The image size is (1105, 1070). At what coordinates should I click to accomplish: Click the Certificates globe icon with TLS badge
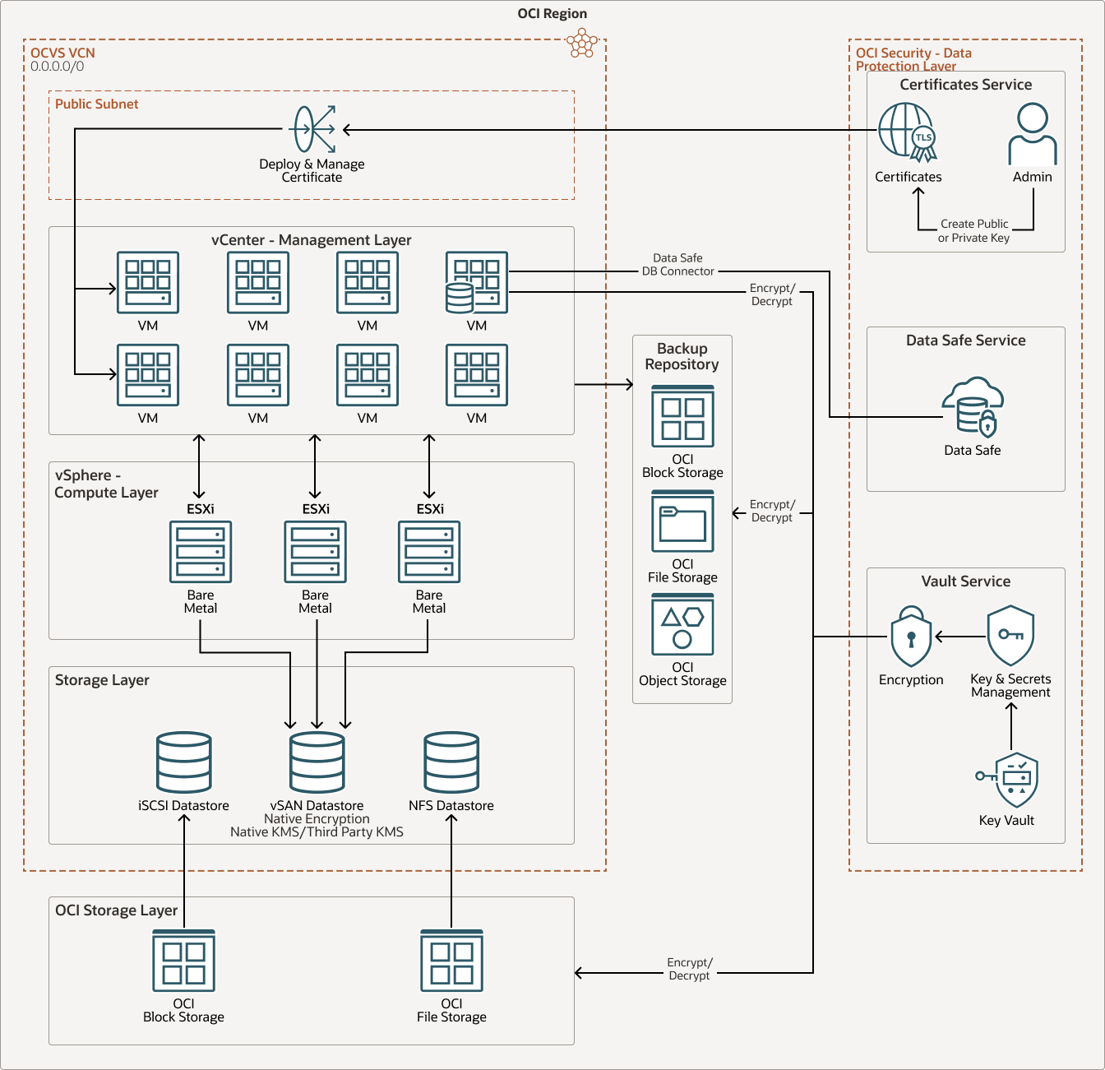[x=907, y=132]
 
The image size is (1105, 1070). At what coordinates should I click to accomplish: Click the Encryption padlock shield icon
[x=911, y=637]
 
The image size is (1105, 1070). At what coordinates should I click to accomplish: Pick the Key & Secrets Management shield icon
[x=1010, y=636]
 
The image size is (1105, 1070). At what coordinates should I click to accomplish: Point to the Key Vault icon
[x=1010, y=780]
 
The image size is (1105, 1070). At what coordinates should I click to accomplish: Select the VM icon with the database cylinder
[x=477, y=283]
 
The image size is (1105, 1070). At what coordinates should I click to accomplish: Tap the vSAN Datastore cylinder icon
[x=317, y=762]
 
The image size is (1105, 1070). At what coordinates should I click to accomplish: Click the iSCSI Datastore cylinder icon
[x=184, y=762]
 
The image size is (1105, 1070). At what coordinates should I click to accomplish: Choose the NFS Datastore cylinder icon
[x=451, y=762]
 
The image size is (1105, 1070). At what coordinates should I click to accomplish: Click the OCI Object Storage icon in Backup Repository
[x=682, y=625]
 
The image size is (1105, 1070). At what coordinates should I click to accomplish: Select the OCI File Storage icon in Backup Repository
[x=682, y=522]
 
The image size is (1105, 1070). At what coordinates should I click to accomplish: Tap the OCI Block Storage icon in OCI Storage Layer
[x=184, y=961]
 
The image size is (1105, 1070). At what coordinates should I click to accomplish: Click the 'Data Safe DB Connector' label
[x=677, y=265]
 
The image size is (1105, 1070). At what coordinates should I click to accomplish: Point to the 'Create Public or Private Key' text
[x=974, y=231]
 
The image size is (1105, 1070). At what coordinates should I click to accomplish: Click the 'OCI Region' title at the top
[x=552, y=14]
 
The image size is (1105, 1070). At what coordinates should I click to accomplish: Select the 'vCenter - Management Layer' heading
[x=311, y=240]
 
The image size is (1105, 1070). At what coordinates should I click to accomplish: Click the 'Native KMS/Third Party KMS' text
[x=317, y=832]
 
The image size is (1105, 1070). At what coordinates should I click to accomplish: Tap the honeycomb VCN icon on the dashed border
[x=582, y=43]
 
